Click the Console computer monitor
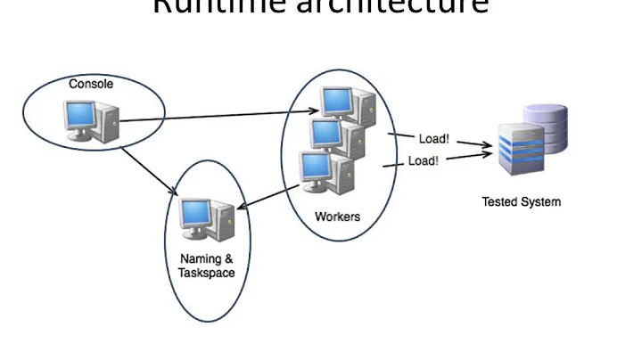point(80,115)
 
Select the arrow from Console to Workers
point(223,116)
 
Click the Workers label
point(336,217)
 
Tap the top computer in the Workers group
point(337,101)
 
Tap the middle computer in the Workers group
point(328,135)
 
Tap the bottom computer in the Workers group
point(316,168)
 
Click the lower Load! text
point(423,161)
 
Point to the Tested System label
point(522,201)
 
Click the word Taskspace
point(205,272)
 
